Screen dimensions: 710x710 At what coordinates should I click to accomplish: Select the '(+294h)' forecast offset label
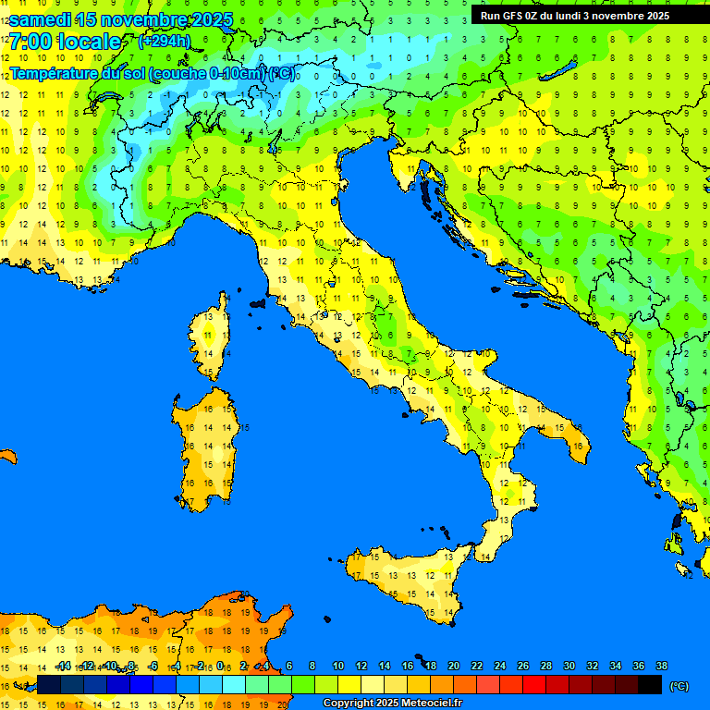click(x=164, y=42)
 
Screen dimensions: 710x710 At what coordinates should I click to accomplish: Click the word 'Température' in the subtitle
click(x=53, y=73)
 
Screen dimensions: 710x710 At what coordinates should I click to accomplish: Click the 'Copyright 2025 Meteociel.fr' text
click(x=392, y=704)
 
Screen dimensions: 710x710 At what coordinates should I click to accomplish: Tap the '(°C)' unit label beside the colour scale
click(x=679, y=686)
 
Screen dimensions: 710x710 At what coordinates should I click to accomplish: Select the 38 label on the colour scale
click(x=662, y=667)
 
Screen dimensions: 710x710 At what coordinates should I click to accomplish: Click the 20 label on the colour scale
click(x=454, y=667)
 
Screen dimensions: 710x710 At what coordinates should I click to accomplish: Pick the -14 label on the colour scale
click(x=63, y=667)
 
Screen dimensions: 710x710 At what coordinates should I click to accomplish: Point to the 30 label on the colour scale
click(x=569, y=667)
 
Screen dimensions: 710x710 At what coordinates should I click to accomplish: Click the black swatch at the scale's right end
click(x=650, y=685)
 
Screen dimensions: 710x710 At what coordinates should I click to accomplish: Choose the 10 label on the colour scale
click(x=338, y=667)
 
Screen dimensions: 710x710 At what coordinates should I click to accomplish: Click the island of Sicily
click(x=407, y=582)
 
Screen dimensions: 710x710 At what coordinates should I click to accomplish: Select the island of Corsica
click(x=213, y=337)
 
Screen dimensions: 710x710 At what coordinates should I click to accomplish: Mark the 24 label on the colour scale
click(x=500, y=667)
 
